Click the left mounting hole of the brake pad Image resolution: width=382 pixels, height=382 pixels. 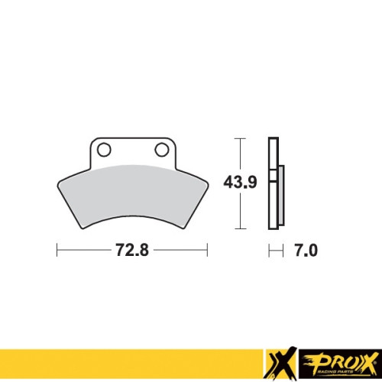[x=104, y=150]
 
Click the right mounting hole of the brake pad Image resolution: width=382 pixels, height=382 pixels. [x=162, y=150]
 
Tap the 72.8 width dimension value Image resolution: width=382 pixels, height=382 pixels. [x=132, y=250]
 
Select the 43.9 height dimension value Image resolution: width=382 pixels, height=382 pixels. [x=240, y=183]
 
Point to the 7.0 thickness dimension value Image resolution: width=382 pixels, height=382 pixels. [x=306, y=251]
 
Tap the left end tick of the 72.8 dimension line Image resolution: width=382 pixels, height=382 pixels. [x=57, y=250]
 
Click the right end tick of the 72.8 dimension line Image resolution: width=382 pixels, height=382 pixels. [x=207, y=250]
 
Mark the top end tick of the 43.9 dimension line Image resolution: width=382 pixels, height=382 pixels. [x=240, y=138]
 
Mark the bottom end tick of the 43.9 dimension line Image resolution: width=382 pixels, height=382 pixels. [x=240, y=228]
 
